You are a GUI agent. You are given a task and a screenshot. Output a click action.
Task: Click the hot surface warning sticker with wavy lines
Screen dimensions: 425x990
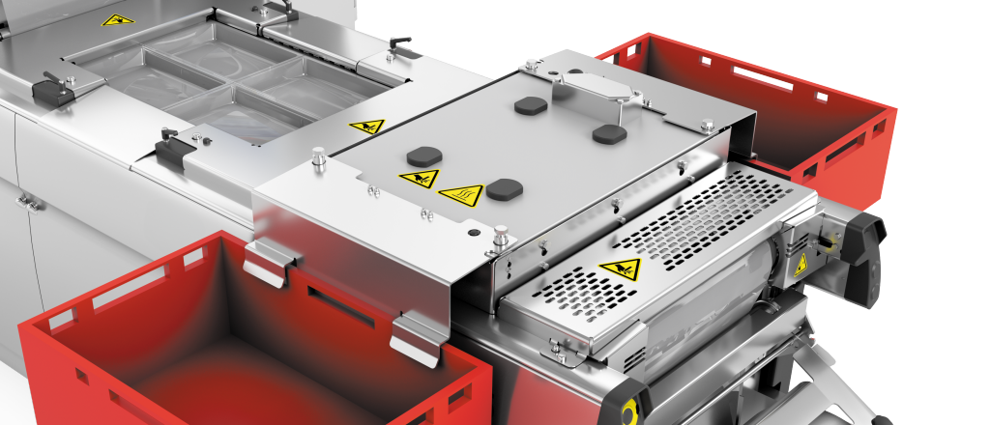tap(460, 195)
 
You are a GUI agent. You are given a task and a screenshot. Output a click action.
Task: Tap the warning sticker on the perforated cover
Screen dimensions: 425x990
tap(619, 270)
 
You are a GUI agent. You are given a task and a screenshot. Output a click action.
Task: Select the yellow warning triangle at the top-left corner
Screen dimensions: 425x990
tap(117, 19)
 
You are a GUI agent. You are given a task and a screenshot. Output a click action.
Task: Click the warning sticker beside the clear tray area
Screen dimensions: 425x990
tap(367, 127)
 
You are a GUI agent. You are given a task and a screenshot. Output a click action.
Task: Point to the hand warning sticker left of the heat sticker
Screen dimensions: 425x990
tap(419, 179)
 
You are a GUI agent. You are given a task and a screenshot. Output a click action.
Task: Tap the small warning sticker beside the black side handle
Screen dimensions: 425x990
tap(801, 267)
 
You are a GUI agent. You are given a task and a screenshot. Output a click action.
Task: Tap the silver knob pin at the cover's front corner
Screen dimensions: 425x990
tap(501, 235)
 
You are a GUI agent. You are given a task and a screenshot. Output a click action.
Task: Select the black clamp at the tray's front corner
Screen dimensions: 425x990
tap(170, 147)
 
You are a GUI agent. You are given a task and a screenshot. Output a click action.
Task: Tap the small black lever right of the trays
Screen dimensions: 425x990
tap(398, 43)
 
